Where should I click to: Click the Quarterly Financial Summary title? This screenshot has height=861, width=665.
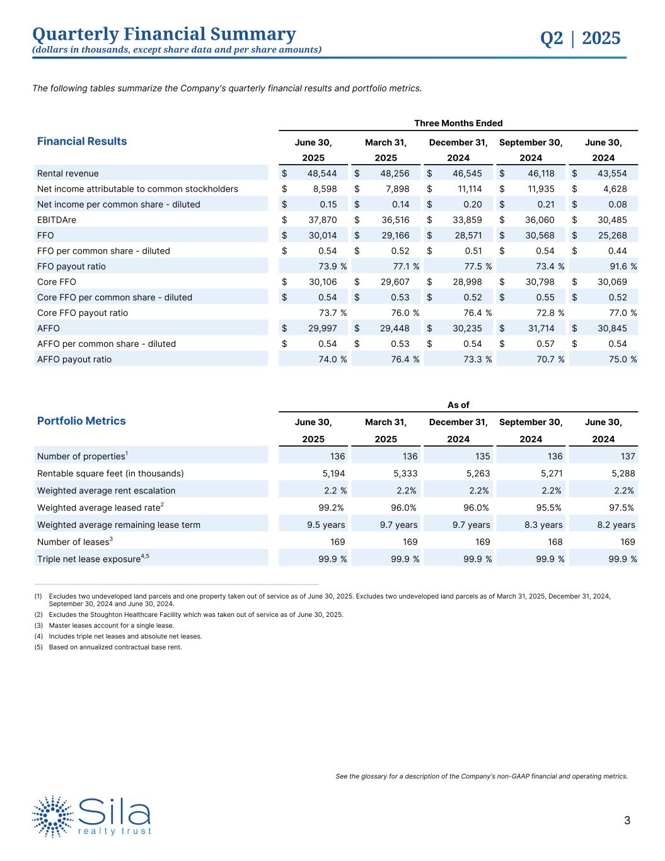[164, 34]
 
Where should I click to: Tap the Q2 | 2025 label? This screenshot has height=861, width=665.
[580, 38]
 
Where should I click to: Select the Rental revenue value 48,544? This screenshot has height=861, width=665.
[322, 173]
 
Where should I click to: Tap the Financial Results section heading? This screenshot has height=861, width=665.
[82, 141]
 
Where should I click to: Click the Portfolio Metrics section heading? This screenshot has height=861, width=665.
[81, 421]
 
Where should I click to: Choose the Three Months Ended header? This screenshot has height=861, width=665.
[458, 123]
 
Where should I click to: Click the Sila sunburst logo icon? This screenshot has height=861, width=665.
[53, 816]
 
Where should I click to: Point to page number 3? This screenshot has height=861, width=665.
[627, 821]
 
